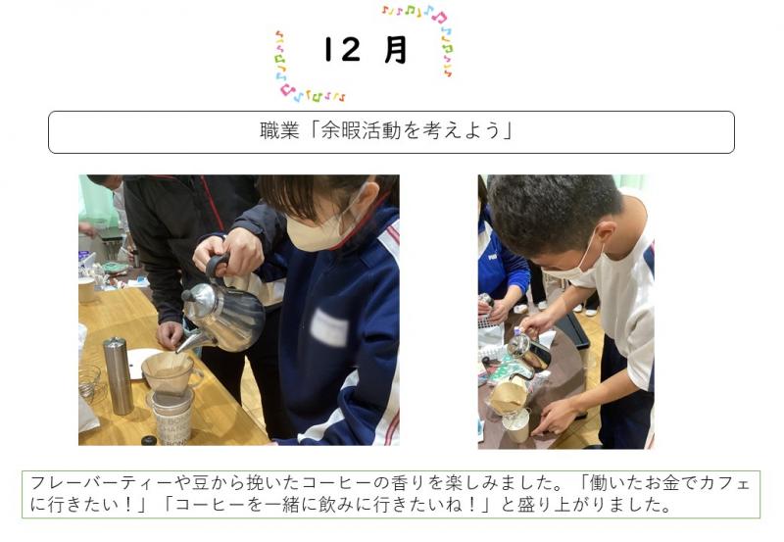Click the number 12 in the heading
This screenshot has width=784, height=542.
point(342,50)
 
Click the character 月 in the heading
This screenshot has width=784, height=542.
point(396,50)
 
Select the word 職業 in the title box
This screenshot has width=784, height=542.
point(279,131)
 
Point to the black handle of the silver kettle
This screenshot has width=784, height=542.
point(218,264)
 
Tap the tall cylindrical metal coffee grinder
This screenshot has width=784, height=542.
point(118,375)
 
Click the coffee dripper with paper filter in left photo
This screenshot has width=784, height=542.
point(169,371)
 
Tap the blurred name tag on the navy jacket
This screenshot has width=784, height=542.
point(329,327)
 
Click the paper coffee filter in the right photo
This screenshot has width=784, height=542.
point(507,395)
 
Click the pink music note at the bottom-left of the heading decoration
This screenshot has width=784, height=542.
point(286,90)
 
